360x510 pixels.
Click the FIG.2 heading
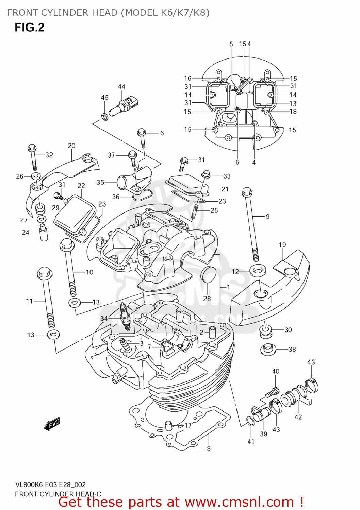29,27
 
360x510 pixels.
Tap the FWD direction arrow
52,424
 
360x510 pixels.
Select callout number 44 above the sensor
121,86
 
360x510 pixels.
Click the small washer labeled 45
105,117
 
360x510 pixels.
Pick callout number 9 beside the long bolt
268,217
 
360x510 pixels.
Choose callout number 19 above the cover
282,245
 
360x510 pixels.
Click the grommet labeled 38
268,349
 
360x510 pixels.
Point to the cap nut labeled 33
206,173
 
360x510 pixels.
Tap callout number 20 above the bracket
71,146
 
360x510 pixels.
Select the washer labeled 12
258,270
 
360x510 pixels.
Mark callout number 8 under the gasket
209,449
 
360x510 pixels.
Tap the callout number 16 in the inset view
187,78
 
